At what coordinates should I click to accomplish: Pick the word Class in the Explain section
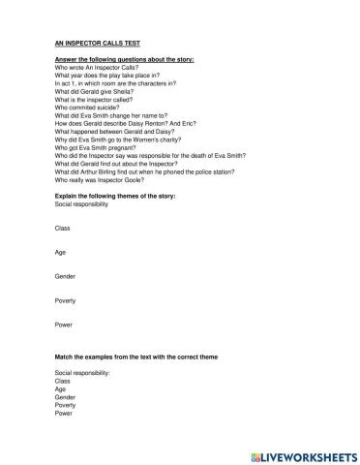63,228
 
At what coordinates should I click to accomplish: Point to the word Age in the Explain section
61,252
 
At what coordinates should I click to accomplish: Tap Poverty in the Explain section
66,300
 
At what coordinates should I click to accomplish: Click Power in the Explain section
64,325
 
